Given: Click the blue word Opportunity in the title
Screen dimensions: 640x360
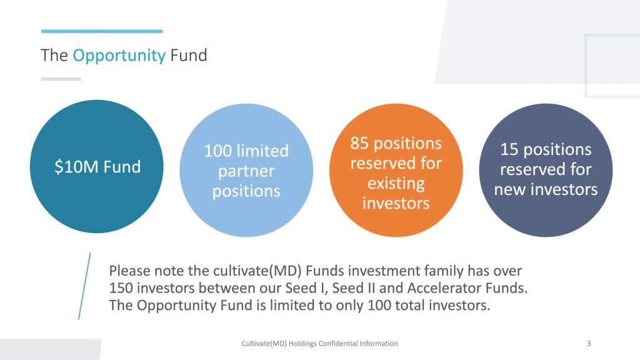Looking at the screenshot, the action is click(x=119, y=56).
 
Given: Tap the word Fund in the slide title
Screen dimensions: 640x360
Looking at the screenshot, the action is click(x=189, y=55).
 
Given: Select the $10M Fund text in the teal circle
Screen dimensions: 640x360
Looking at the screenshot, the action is click(x=97, y=166).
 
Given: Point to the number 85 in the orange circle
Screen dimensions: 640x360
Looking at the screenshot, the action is click(x=359, y=143).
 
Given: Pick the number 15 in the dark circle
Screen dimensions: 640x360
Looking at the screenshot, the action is click(x=509, y=149).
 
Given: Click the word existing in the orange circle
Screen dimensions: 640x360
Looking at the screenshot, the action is click(x=396, y=183).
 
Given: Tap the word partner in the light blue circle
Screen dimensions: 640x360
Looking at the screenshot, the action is click(x=246, y=171).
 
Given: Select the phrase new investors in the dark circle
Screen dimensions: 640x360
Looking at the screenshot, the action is click(x=546, y=189).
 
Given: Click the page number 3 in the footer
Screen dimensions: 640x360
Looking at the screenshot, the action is click(x=589, y=344).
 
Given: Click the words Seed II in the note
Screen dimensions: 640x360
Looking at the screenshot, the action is click(x=354, y=288).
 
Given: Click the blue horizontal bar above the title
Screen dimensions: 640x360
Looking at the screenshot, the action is click(x=102, y=31).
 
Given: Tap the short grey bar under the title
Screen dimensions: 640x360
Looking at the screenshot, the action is click(x=61, y=79).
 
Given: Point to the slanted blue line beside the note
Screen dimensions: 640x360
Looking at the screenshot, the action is click(x=84, y=286).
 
